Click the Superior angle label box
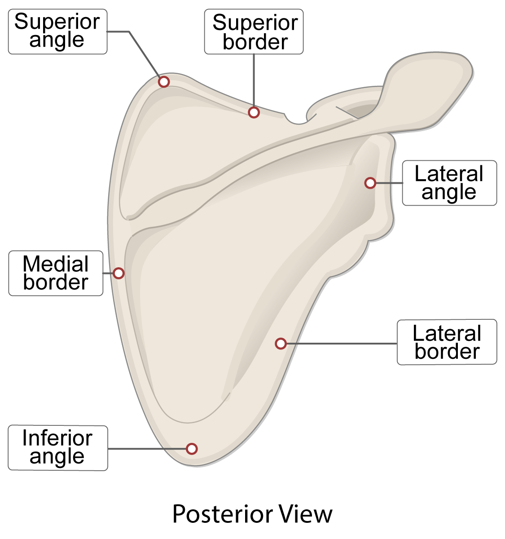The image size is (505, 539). [x=57, y=31]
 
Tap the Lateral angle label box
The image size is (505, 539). [x=449, y=183]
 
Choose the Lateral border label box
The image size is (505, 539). [x=447, y=342]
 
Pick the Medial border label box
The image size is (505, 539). [x=56, y=273]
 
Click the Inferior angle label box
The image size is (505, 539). [x=57, y=448]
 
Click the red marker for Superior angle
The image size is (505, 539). [x=164, y=82]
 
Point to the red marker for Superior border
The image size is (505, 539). [x=254, y=112]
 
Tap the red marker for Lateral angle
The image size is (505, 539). [x=370, y=183]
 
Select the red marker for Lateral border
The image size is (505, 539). [x=281, y=344]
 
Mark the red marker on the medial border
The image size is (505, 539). [x=119, y=273]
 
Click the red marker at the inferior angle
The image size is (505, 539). [x=192, y=448]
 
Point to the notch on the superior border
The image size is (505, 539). [x=296, y=119]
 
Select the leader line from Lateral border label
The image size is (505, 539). [x=341, y=344]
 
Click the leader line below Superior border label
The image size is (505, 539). [x=254, y=81]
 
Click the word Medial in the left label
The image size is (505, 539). [x=56, y=264]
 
